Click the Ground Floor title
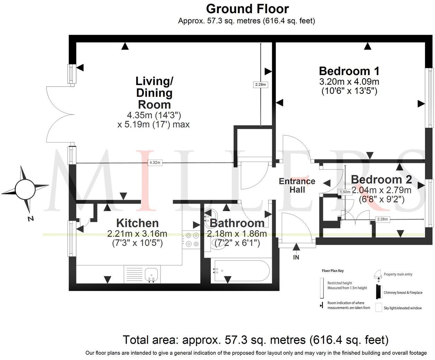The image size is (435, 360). [247, 8]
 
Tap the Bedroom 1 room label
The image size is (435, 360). [349, 71]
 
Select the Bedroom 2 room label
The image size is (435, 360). [381, 180]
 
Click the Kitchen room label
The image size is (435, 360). [137, 223]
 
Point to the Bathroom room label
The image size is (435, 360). [237, 223]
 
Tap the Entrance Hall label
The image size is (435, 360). [297, 186]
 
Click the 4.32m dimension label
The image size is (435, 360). [155, 163]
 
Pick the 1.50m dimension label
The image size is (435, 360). [345, 192]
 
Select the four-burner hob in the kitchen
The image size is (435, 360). [192, 240]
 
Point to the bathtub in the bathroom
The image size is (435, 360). [241, 271]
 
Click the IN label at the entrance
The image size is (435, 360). [296, 257]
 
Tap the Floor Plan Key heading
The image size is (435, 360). [333, 271]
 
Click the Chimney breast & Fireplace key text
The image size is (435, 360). [403, 292]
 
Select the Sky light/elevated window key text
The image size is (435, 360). [402, 308]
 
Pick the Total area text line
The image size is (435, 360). [256, 340]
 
